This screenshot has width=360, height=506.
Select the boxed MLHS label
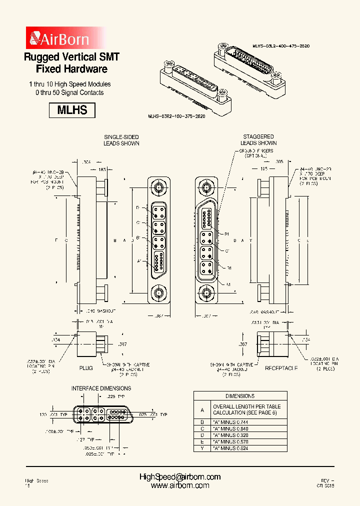pyautogui.click(x=72, y=110)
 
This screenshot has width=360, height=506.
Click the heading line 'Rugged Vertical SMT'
pyautogui.click(x=71, y=57)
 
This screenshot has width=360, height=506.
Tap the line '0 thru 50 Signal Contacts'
pyautogui.click(x=69, y=92)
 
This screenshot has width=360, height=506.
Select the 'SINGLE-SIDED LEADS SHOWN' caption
pyautogui.click(x=121, y=140)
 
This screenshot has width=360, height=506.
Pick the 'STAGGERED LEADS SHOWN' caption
pyautogui.click(x=258, y=139)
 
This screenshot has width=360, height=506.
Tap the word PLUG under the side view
pyautogui.click(x=86, y=368)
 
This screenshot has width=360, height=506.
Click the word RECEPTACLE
pyautogui.click(x=281, y=368)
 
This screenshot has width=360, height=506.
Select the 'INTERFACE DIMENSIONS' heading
pyautogui.click(x=101, y=388)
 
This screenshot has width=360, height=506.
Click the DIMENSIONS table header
pyautogui.click(x=240, y=396)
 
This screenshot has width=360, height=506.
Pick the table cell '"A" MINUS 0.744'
pyautogui.click(x=235, y=422)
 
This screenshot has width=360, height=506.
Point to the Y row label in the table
pyautogui.click(x=202, y=448)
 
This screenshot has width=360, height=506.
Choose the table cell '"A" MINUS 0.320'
pyautogui.click(x=235, y=435)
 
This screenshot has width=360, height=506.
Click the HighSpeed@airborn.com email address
pyautogui.click(x=179, y=477)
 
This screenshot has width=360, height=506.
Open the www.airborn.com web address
pyautogui.click(x=179, y=485)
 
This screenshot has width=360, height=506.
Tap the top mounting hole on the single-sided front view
pyautogui.click(x=159, y=188)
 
